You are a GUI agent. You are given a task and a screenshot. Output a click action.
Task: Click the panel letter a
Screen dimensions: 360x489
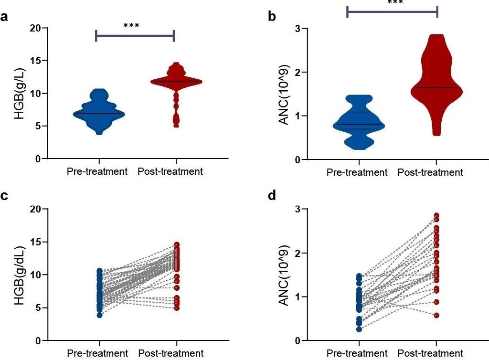pos(6,18)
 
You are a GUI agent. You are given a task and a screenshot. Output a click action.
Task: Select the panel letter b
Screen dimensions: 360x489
pos(272,17)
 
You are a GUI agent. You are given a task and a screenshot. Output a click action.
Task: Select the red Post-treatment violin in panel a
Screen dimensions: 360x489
pos(177,82)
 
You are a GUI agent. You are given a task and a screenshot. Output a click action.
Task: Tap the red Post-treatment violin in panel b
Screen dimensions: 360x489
pos(436,81)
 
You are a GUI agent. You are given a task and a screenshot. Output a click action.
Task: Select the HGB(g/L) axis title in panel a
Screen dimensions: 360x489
pos(19,93)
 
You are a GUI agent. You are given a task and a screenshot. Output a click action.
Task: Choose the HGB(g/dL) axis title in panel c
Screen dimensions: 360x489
pos(19,275)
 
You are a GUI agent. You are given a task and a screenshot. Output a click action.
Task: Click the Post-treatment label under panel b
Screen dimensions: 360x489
pos(430,172)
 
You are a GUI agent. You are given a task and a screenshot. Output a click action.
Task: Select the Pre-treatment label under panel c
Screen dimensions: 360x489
pos(97,354)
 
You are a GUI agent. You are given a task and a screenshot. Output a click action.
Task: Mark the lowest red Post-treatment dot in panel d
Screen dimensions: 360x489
pos(436,315)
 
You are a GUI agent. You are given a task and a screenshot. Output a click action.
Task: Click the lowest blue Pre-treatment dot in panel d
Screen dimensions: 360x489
pos(359,329)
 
